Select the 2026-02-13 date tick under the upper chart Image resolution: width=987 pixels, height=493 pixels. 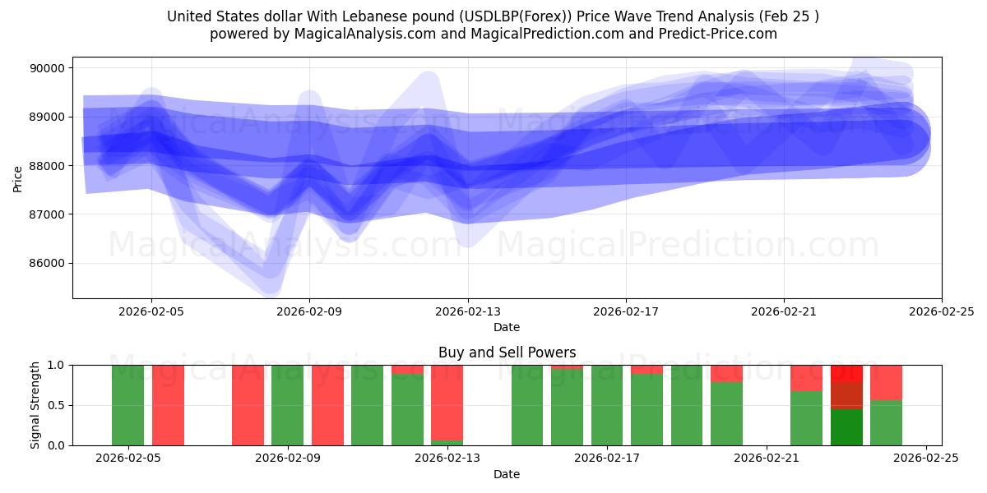(x=468, y=312)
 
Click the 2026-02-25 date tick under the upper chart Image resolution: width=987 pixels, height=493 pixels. (x=942, y=312)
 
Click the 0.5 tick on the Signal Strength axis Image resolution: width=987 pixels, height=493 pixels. (x=58, y=405)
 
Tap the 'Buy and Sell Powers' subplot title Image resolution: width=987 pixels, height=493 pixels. (x=507, y=352)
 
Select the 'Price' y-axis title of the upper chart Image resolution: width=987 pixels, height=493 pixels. (x=19, y=177)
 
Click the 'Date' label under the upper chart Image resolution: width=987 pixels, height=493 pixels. (x=507, y=327)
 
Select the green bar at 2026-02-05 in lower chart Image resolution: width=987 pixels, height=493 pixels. (x=127, y=405)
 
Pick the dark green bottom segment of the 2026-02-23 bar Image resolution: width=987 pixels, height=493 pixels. (x=846, y=427)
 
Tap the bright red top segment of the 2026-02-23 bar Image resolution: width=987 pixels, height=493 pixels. (x=846, y=373)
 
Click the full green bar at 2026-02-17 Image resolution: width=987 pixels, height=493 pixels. (x=607, y=405)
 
